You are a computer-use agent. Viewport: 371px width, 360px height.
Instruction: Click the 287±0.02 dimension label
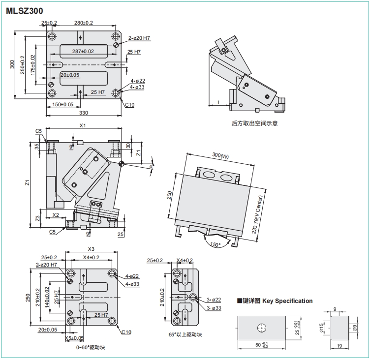click(83, 51)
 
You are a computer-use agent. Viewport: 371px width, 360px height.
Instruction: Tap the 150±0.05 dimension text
click(62, 104)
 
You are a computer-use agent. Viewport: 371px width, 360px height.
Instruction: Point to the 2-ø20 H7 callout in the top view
click(140, 38)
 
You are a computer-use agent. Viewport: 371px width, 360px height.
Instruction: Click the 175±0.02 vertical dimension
click(33, 64)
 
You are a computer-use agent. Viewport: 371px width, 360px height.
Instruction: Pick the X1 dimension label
click(83, 126)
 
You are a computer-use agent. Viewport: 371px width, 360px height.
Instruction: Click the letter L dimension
click(219, 102)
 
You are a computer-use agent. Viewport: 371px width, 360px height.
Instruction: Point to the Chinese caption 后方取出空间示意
click(254, 123)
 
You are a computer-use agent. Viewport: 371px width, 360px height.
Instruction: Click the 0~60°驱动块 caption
click(90, 347)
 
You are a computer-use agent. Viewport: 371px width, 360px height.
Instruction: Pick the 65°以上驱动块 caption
click(185, 334)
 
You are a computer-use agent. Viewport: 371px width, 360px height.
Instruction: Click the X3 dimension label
click(91, 249)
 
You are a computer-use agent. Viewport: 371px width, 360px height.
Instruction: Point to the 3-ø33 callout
click(214, 308)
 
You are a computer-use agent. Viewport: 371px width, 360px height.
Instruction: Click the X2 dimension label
click(56, 215)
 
